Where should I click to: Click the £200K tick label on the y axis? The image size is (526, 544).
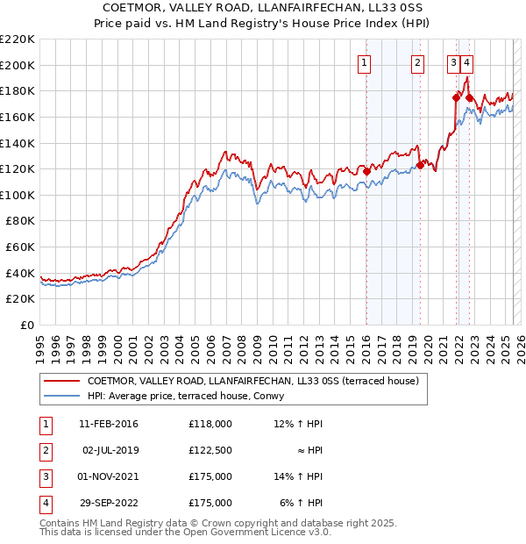point(18,65)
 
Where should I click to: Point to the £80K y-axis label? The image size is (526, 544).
point(20,221)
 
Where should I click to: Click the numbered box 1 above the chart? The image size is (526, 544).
point(364,62)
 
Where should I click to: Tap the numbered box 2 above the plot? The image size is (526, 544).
point(418,62)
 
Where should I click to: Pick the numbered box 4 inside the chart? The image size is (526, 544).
point(468,62)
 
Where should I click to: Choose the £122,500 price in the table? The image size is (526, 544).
point(210,450)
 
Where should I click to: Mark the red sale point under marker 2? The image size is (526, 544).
point(421,165)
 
